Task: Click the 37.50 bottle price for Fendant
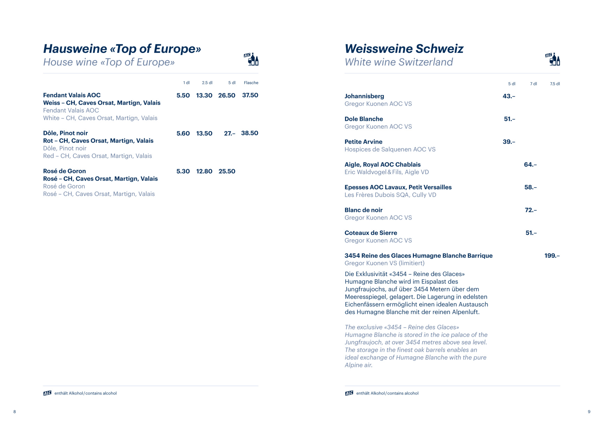click(250, 95)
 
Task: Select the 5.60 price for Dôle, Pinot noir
click(183, 133)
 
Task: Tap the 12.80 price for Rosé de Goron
click(204, 171)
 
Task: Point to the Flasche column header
click(251, 83)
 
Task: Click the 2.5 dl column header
click(207, 83)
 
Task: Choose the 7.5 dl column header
click(555, 84)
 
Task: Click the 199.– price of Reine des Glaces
click(552, 256)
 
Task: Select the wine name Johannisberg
click(364, 96)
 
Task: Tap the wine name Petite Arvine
click(363, 142)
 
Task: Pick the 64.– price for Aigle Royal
click(530, 165)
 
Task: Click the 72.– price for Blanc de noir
click(530, 210)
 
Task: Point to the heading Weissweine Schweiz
click(404, 49)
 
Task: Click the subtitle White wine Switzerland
click(399, 62)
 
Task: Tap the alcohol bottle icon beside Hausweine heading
click(251, 59)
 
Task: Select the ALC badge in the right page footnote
click(349, 393)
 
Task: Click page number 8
click(15, 412)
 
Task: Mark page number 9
click(589, 412)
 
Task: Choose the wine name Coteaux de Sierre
click(371, 233)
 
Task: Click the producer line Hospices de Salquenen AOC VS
click(390, 150)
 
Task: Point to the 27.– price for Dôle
click(229, 133)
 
